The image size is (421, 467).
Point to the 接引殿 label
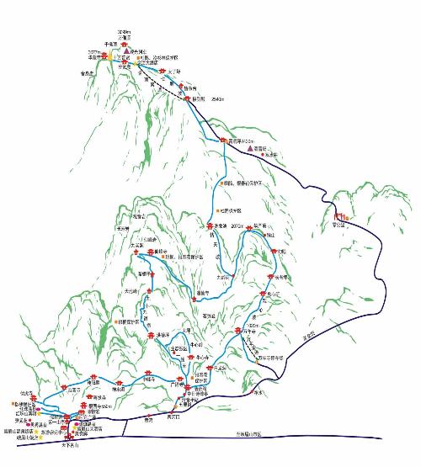click(x=199, y=99)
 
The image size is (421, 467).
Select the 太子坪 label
click(x=173, y=72)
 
